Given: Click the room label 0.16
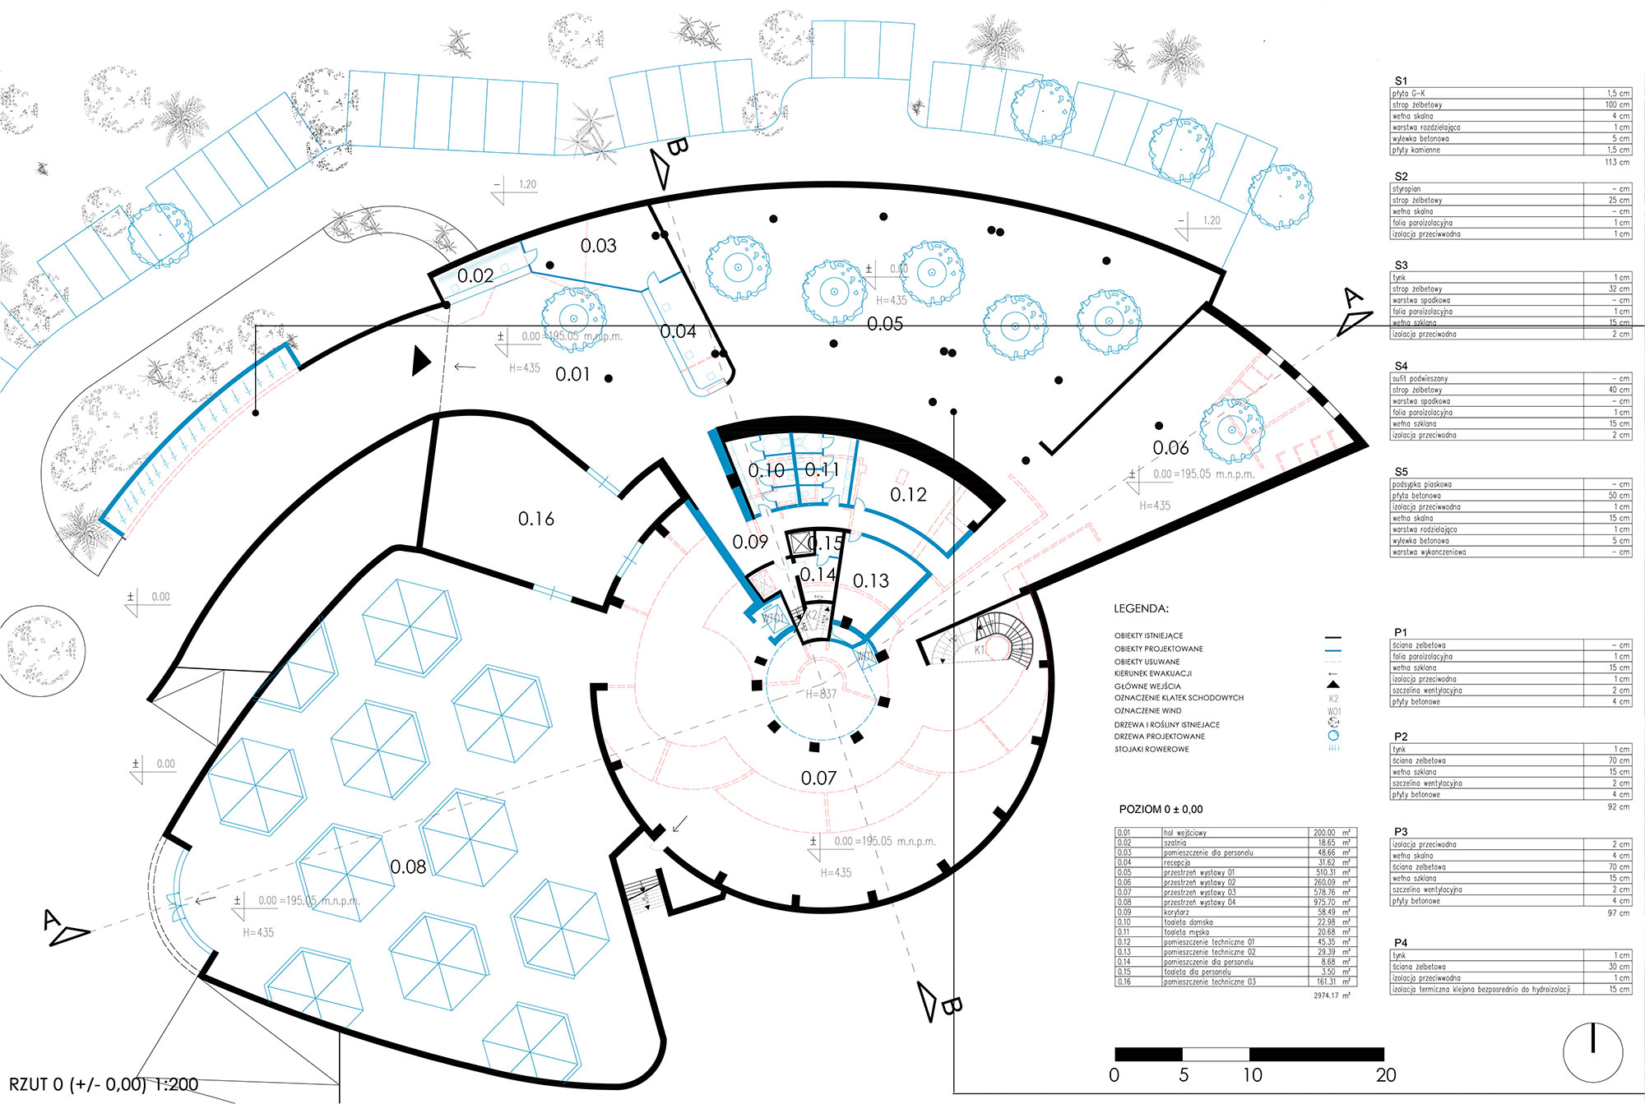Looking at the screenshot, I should (535, 519).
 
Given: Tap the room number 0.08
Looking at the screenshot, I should (408, 866).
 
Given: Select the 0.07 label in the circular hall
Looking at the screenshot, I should (818, 778).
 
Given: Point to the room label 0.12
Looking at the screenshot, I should (908, 494).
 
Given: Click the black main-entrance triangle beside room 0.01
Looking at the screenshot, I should (420, 361).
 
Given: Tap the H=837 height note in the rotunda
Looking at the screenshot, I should (821, 694).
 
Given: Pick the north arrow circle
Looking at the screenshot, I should (1593, 1052).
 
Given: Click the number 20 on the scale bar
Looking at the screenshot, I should (1386, 1074).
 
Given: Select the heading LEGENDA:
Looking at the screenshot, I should (1141, 608).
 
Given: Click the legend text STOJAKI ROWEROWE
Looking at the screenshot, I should (1151, 749).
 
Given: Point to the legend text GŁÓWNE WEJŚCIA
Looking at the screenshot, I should (1147, 686).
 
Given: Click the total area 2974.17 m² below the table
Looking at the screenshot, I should (1332, 995).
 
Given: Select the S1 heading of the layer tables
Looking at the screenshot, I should (1401, 81).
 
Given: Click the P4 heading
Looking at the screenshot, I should (1401, 942).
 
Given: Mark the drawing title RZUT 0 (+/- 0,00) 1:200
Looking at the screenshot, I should (104, 1084).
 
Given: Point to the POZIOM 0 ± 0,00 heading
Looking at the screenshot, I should (1161, 809).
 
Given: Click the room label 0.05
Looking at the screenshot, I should (885, 324).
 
